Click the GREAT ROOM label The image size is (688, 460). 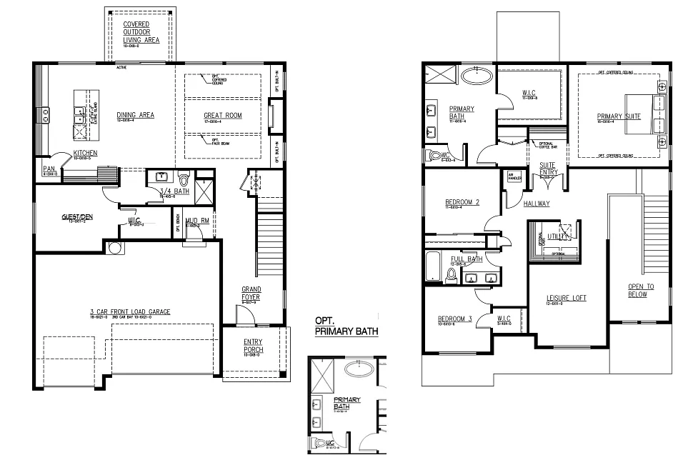tap(223, 116)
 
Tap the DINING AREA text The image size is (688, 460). tap(136, 115)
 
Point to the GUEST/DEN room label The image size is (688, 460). tap(77, 216)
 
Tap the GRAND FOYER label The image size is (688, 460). tap(251, 294)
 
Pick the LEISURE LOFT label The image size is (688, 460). tap(567, 298)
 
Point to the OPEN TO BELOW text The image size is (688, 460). tap(638, 290)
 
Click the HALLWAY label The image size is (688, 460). tap(537, 204)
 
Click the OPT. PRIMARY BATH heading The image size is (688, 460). tap(347, 327)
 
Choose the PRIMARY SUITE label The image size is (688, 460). tap(619, 116)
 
